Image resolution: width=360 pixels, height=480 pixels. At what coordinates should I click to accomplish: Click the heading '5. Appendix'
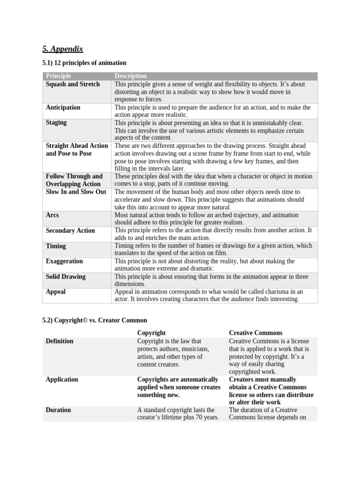[62, 49]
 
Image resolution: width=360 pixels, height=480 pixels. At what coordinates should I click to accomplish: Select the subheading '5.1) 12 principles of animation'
[84, 62]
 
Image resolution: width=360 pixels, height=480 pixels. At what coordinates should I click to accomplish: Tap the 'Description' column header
[131, 76]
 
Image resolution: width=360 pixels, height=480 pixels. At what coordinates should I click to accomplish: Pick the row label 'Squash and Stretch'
[73, 84]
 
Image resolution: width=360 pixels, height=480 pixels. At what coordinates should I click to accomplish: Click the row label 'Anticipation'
[63, 107]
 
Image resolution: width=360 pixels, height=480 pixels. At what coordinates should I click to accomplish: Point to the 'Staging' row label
[56, 122]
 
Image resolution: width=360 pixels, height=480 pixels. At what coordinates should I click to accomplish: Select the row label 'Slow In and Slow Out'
[76, 192]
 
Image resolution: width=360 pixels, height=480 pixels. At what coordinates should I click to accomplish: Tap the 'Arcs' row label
[52, 215]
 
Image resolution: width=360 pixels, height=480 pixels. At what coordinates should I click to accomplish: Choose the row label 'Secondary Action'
[70, 231]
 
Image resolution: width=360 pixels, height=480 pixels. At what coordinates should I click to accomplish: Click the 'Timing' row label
[56, 246]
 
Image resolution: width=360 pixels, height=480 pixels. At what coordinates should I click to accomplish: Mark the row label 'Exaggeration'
[64, 261]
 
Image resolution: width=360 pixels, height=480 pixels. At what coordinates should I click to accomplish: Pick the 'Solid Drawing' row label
[66, 277]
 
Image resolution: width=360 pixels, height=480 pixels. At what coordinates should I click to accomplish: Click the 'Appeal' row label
[56, 292]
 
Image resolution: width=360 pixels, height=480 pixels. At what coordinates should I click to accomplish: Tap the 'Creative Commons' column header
[255, 333]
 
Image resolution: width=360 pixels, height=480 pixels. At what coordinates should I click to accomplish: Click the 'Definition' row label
[60, 341]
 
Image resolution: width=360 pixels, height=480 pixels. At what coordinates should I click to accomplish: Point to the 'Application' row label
[62, 380]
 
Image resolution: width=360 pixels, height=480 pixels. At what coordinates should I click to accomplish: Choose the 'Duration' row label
[58, 410]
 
